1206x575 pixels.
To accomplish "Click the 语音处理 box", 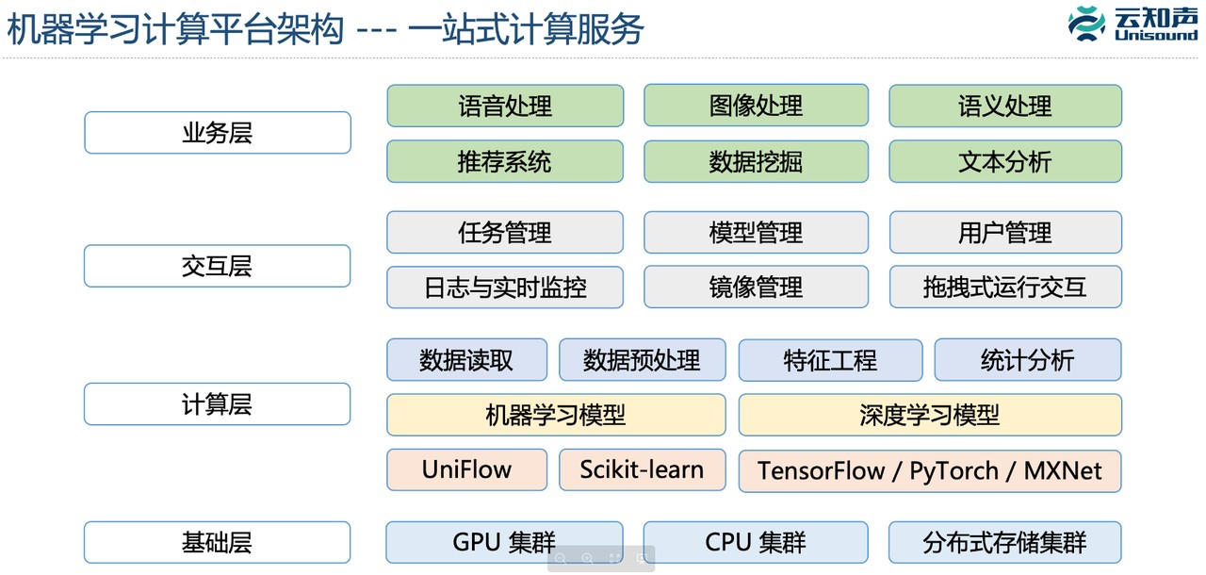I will click(505, 106).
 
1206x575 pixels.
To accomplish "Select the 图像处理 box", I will click(756, 106).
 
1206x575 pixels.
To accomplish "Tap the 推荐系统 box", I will click(505, 161).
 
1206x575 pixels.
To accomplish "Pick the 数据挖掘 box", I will click(756, 161).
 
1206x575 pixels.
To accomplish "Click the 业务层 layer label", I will click(218, 133).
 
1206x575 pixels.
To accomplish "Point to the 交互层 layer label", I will click(218, 266).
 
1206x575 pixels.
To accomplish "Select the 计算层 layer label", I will click(218, 404).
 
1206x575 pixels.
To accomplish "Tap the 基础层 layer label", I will click(218, 543).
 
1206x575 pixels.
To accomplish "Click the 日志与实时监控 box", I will click(505, 287).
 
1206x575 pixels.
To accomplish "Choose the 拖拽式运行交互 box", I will click(1005, 287).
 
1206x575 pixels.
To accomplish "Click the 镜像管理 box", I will click(756, 287).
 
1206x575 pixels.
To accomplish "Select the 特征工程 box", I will click(830, 360).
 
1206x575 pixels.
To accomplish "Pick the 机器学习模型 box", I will click(556, 415).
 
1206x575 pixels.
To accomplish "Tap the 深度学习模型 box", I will click(930, 415).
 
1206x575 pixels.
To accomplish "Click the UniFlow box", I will click(466, 469).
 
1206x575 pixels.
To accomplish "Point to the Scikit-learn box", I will click(642, 469).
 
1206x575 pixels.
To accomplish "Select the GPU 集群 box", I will click(504, 543).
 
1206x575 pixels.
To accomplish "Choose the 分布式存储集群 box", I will click(1005, 543).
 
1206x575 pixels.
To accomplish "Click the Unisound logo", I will click(1132, 24).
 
